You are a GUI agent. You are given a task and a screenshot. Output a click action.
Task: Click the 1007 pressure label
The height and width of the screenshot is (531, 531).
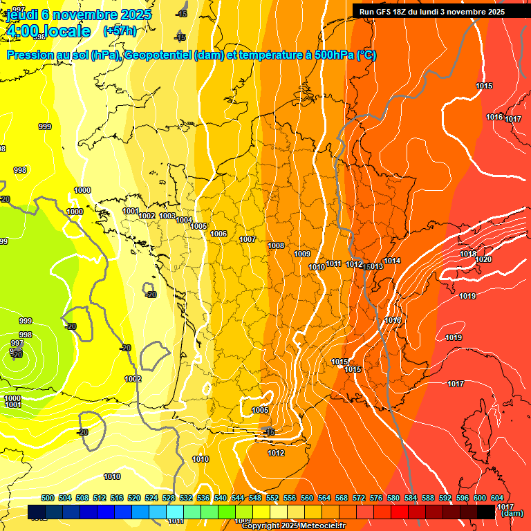click(x=248, y=239)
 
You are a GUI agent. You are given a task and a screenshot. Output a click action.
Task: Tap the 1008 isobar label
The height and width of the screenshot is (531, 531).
click(x=276, y=245)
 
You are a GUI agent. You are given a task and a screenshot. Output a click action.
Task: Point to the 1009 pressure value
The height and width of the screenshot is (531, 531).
click(x=302, y=254)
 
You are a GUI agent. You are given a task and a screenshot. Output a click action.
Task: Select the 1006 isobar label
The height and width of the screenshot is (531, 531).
click(x=218, y=234)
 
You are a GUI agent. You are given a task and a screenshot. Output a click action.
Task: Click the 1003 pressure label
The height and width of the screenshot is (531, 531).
click(x=167, y=216)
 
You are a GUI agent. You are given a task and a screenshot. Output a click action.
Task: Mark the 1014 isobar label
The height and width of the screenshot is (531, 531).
click(x=392, y=261)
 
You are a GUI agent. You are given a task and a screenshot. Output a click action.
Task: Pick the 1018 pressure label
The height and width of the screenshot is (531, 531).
click(x=468, y=254)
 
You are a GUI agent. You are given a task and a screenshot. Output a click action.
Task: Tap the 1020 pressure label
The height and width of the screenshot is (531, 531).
click(x=483, y=259)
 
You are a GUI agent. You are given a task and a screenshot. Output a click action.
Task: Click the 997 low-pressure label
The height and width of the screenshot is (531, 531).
click(x=17, y=343)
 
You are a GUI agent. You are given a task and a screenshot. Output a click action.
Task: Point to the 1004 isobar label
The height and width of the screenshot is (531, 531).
click(x=184, y=220)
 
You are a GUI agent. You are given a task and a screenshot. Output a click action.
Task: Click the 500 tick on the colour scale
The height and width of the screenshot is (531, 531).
click(x=48, y=498)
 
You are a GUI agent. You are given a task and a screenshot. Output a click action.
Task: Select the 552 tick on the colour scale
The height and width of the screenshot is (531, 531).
click(x=272, y=498)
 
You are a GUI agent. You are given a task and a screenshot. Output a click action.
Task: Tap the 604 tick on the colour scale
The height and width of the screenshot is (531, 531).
click(x=496, y=498)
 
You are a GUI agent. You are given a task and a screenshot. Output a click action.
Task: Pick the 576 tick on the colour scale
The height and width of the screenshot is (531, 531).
click(x=375, y=498)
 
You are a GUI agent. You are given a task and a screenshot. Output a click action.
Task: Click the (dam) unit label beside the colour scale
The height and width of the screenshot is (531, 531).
click(x=512, y=514)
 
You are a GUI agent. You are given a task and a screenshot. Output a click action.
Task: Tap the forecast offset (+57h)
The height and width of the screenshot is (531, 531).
click(x=119, y=30)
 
